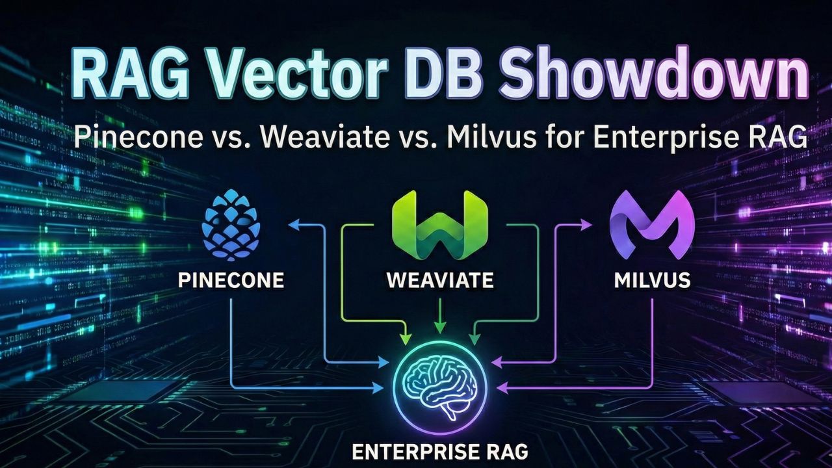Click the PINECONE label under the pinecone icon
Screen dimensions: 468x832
tap(231, 281)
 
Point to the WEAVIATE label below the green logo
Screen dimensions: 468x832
tap(440, 281)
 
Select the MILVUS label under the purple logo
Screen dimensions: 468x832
tap(652, 281)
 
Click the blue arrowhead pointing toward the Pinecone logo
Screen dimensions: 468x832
tap(293, 225)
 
